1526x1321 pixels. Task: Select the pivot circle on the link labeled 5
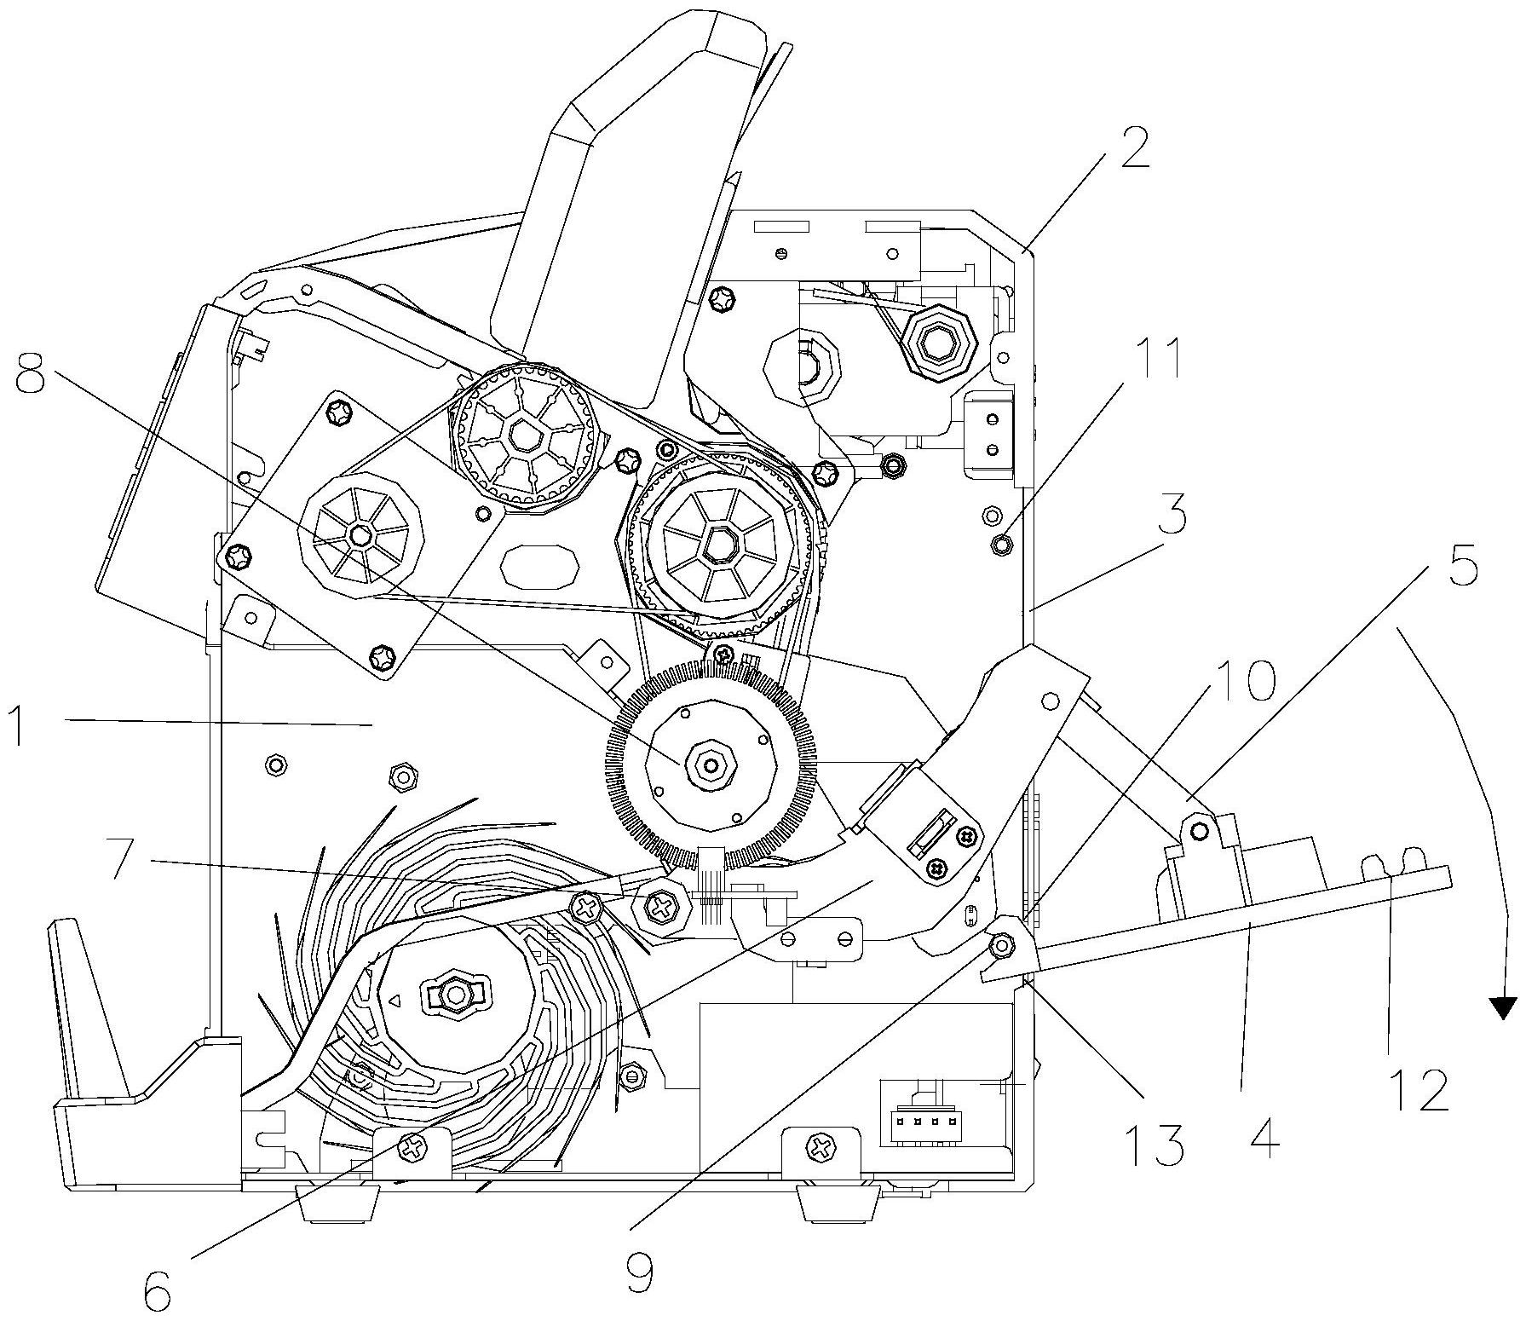click(1198, 829)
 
